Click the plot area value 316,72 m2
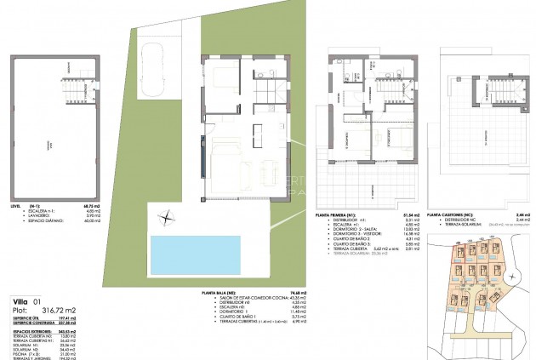tap(60, 311)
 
